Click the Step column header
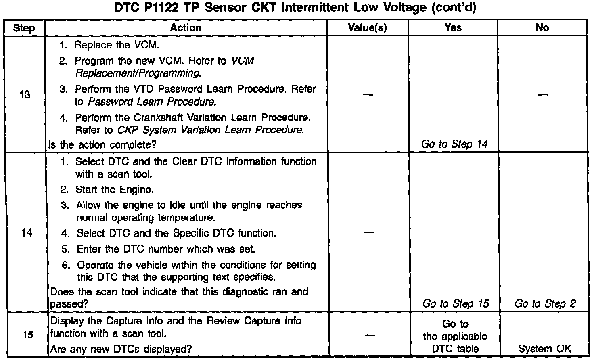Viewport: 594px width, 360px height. coord(24,28)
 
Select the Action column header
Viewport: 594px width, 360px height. coord(186,28)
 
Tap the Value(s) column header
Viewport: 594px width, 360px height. coord(368,28)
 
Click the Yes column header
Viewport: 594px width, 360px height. coord(453,27)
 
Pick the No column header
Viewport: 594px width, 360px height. coord(542,27)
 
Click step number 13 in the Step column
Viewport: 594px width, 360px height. coord(25,95)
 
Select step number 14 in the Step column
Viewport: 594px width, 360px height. coord(26,233)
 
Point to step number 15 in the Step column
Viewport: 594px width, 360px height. coord(27,335)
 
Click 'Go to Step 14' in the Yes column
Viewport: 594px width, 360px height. coord(454,144)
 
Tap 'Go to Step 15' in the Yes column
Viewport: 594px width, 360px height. coord(455,303)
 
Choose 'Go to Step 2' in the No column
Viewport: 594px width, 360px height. coord(545,303)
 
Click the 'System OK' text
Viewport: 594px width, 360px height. coord(545,349)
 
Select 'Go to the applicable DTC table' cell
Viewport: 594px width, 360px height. coord(455,336)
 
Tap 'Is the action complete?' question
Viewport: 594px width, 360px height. coord(102,144)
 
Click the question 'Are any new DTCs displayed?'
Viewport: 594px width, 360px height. coord(121,349)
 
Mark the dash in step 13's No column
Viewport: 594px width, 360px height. coord(543,95)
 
